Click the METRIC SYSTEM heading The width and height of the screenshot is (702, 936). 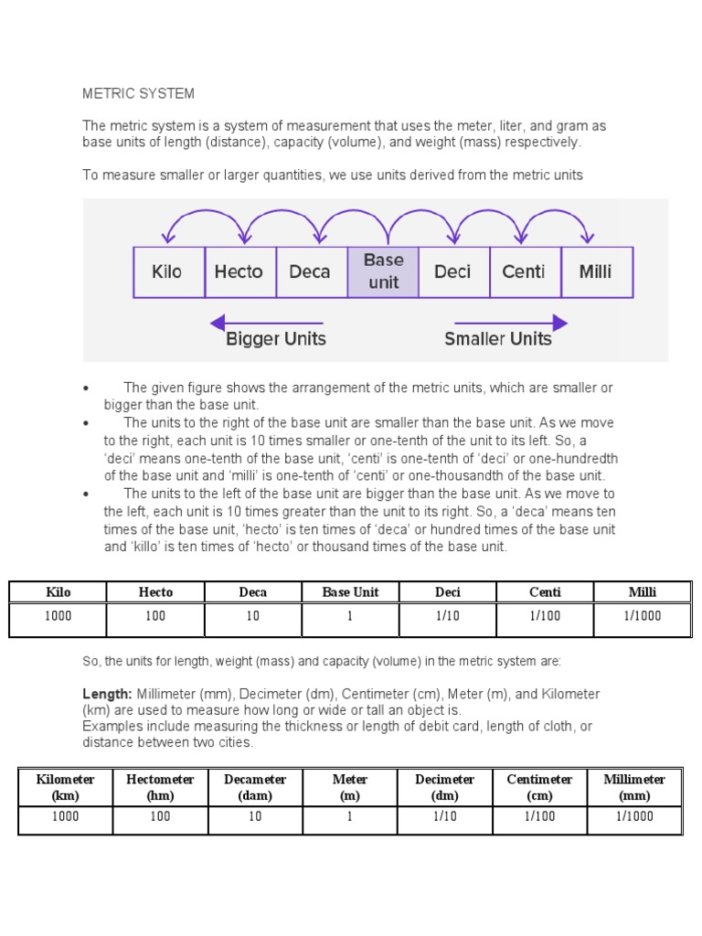[138, 93]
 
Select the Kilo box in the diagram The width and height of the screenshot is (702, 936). [168, 271]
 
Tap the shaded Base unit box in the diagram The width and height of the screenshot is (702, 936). [383, 271]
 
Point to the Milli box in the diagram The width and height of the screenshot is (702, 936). [596, 271]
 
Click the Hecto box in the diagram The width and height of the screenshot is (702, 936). [239, 271]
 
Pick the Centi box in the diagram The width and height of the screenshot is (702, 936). [524, 271]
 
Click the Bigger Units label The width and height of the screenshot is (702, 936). [276, 339]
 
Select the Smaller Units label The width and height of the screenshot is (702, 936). [498, 339]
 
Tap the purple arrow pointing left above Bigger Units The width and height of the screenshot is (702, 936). [265, 323]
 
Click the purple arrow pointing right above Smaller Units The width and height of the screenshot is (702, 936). [511, 323]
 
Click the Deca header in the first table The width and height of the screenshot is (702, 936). [253, 592]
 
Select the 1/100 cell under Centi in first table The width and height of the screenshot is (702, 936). [545, 616]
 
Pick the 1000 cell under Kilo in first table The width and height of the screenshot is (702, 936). [58, 616]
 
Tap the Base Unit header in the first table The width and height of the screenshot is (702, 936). [350, 592]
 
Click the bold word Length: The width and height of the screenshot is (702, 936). [108, 695]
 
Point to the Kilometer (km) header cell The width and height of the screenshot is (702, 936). [65, 787]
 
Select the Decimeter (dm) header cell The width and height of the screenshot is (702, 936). [445, 787]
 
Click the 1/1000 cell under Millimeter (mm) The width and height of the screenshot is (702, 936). [634, 817]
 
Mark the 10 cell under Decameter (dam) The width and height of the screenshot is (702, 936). [255, 817]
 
